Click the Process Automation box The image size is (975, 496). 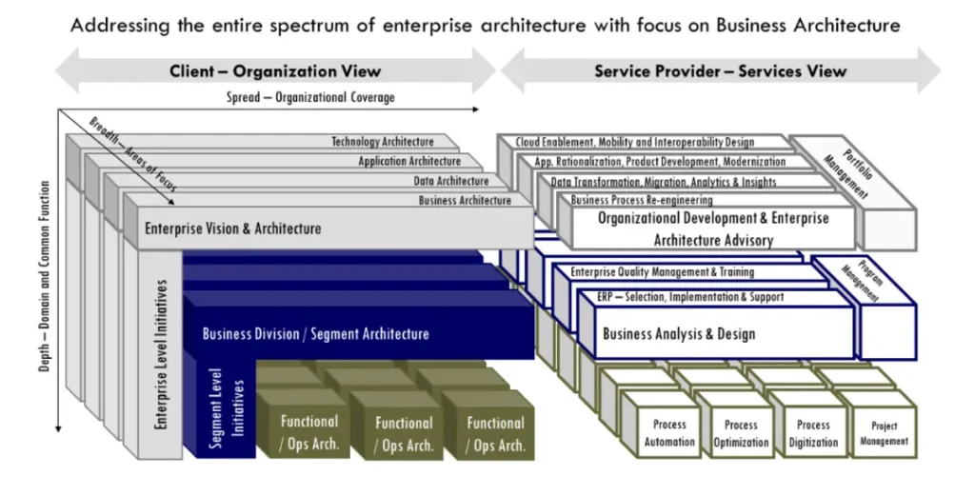[x=669, y=433]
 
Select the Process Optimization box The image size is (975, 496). [x=741, y=433]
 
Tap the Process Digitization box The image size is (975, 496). [x=813, y=433]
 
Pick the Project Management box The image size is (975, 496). [x=884, y=434]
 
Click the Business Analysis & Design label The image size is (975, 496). [x=679, y=334]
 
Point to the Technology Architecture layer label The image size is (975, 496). [x=382, y=142]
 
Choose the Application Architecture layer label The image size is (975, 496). [x=409, y=162]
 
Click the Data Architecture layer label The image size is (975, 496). [x=451, y=181]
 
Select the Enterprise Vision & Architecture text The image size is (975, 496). [x=232, y=228]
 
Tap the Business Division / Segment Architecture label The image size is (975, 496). [x=315, y=334]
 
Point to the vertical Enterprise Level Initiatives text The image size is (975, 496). [x=162, y=351]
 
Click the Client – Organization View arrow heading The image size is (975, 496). [x=275, y=71]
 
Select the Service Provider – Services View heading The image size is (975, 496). [x=720, y=71]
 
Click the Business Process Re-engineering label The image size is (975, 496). [x=642, y=200]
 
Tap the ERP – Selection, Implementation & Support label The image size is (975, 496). [x=690, y=297]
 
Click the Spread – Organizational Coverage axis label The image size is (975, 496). [x=310, y=98]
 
